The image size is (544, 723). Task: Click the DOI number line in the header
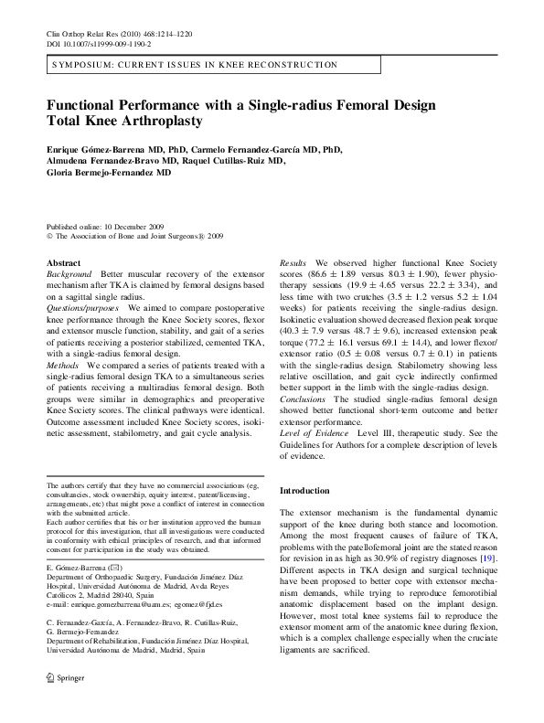point(99,43)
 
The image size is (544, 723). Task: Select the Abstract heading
point(63,263)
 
